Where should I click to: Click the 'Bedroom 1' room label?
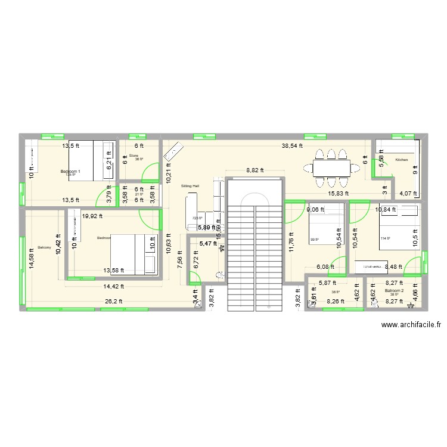(x=70, y=172)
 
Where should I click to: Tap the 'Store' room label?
(x=134, y=156)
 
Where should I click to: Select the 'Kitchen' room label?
(x=401, y=160)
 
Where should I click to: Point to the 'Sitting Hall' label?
(x=190, y=186)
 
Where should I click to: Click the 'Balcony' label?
(x=44, y=247)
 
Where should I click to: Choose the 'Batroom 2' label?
(x=394, y=290)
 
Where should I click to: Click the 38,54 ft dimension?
(x=292, y=145)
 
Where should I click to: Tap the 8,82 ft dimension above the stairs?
(x=256, y=170)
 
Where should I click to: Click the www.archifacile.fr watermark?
(x=411, y=325)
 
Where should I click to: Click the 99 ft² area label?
(x=313, y=241)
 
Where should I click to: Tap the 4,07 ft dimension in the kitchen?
(x=408, y=193)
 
